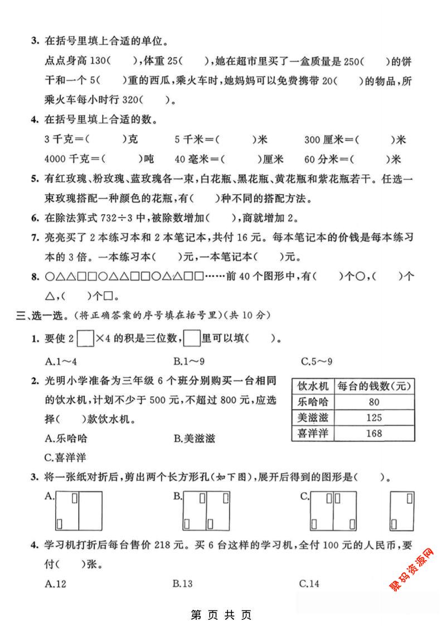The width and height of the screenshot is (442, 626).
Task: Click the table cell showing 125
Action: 374,417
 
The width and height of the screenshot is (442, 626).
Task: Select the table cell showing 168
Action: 374,433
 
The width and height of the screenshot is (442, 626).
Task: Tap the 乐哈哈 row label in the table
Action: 312,402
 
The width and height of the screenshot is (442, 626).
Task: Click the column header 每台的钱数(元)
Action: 374,386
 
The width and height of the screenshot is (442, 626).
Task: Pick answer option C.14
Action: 309,584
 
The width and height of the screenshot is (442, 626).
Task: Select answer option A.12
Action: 55,584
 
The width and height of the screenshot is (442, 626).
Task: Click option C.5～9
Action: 316,360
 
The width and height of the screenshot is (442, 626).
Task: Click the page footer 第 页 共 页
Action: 221,615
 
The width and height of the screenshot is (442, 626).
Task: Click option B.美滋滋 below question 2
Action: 193,438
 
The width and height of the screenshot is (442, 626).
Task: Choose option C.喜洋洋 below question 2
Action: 65,458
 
